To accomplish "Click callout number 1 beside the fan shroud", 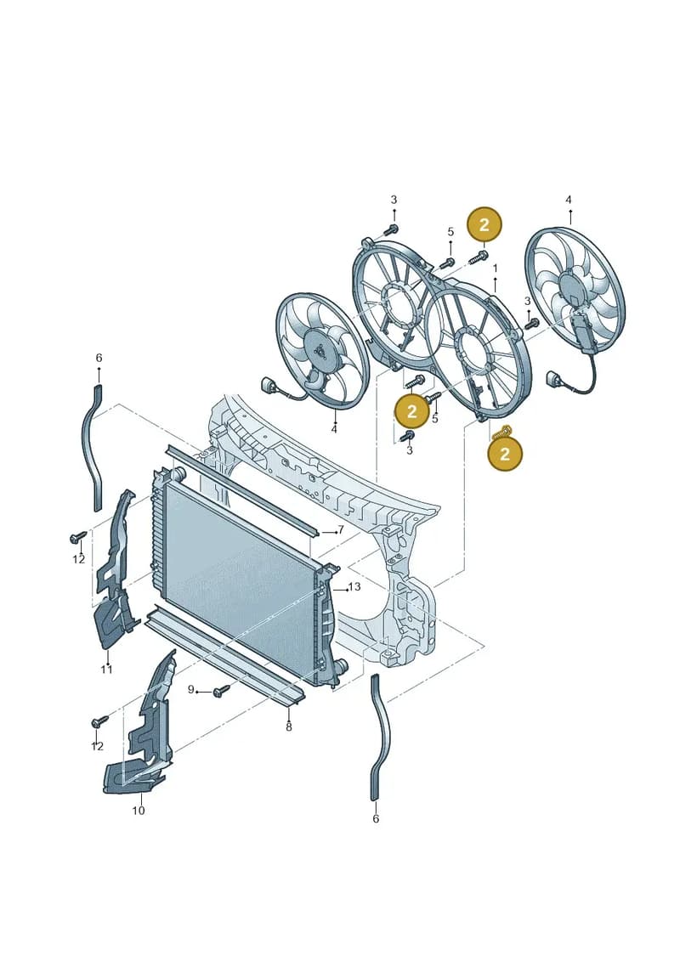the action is [x=496, y=269].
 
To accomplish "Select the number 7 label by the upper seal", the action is [x=341, y=529].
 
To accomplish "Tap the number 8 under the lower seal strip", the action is [x=289, y=726].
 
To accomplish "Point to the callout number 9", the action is [x=190, y=689].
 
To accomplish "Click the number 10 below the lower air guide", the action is [x=139, y=811].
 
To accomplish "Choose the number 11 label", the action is [x=107, y=670].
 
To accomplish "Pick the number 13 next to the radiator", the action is [x=354, y=587].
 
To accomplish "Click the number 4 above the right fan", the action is [x=569, y=200].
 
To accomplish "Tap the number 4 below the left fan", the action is [x=334, y=430].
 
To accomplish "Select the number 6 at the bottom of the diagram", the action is [x=376, y=819].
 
